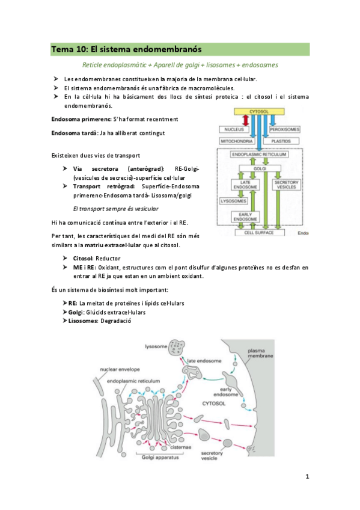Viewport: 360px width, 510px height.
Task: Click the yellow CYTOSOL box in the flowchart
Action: (x=259, y=112)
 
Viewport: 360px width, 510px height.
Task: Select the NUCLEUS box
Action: (x=234, y=129)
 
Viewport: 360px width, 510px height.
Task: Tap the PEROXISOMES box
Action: (x=285, y=129)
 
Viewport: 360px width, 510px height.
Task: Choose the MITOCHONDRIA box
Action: (x=237, y=141)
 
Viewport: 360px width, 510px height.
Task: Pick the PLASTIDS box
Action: (x=281, y=141)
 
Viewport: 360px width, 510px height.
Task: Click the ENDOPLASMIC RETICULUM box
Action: (x=259, y=155)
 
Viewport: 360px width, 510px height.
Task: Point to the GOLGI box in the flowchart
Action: (x=260, y=168)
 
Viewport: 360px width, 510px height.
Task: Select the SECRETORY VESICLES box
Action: (x=286, y=185)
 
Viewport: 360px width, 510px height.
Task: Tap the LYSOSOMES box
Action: (x=234, y=201)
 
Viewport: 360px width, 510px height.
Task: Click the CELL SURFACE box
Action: (x=259, y=233)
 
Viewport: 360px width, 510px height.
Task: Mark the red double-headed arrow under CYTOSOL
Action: (x=246, y=121)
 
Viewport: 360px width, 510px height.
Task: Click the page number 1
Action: (x=307, y=477)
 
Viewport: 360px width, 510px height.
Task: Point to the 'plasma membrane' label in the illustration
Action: (x=260, y=353)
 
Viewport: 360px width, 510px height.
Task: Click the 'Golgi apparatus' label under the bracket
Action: (x=160, y=458)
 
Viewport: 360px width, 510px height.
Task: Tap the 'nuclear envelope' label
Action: (x=120, y=369)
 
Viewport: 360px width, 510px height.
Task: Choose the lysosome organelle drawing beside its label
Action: (x=177, y=348)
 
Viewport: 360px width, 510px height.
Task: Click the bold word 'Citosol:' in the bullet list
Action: (x=84, y=259)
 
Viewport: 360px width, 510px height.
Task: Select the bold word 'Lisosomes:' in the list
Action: (x=83, y=321)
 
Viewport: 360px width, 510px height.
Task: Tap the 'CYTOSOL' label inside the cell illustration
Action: (x=214, y=404)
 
